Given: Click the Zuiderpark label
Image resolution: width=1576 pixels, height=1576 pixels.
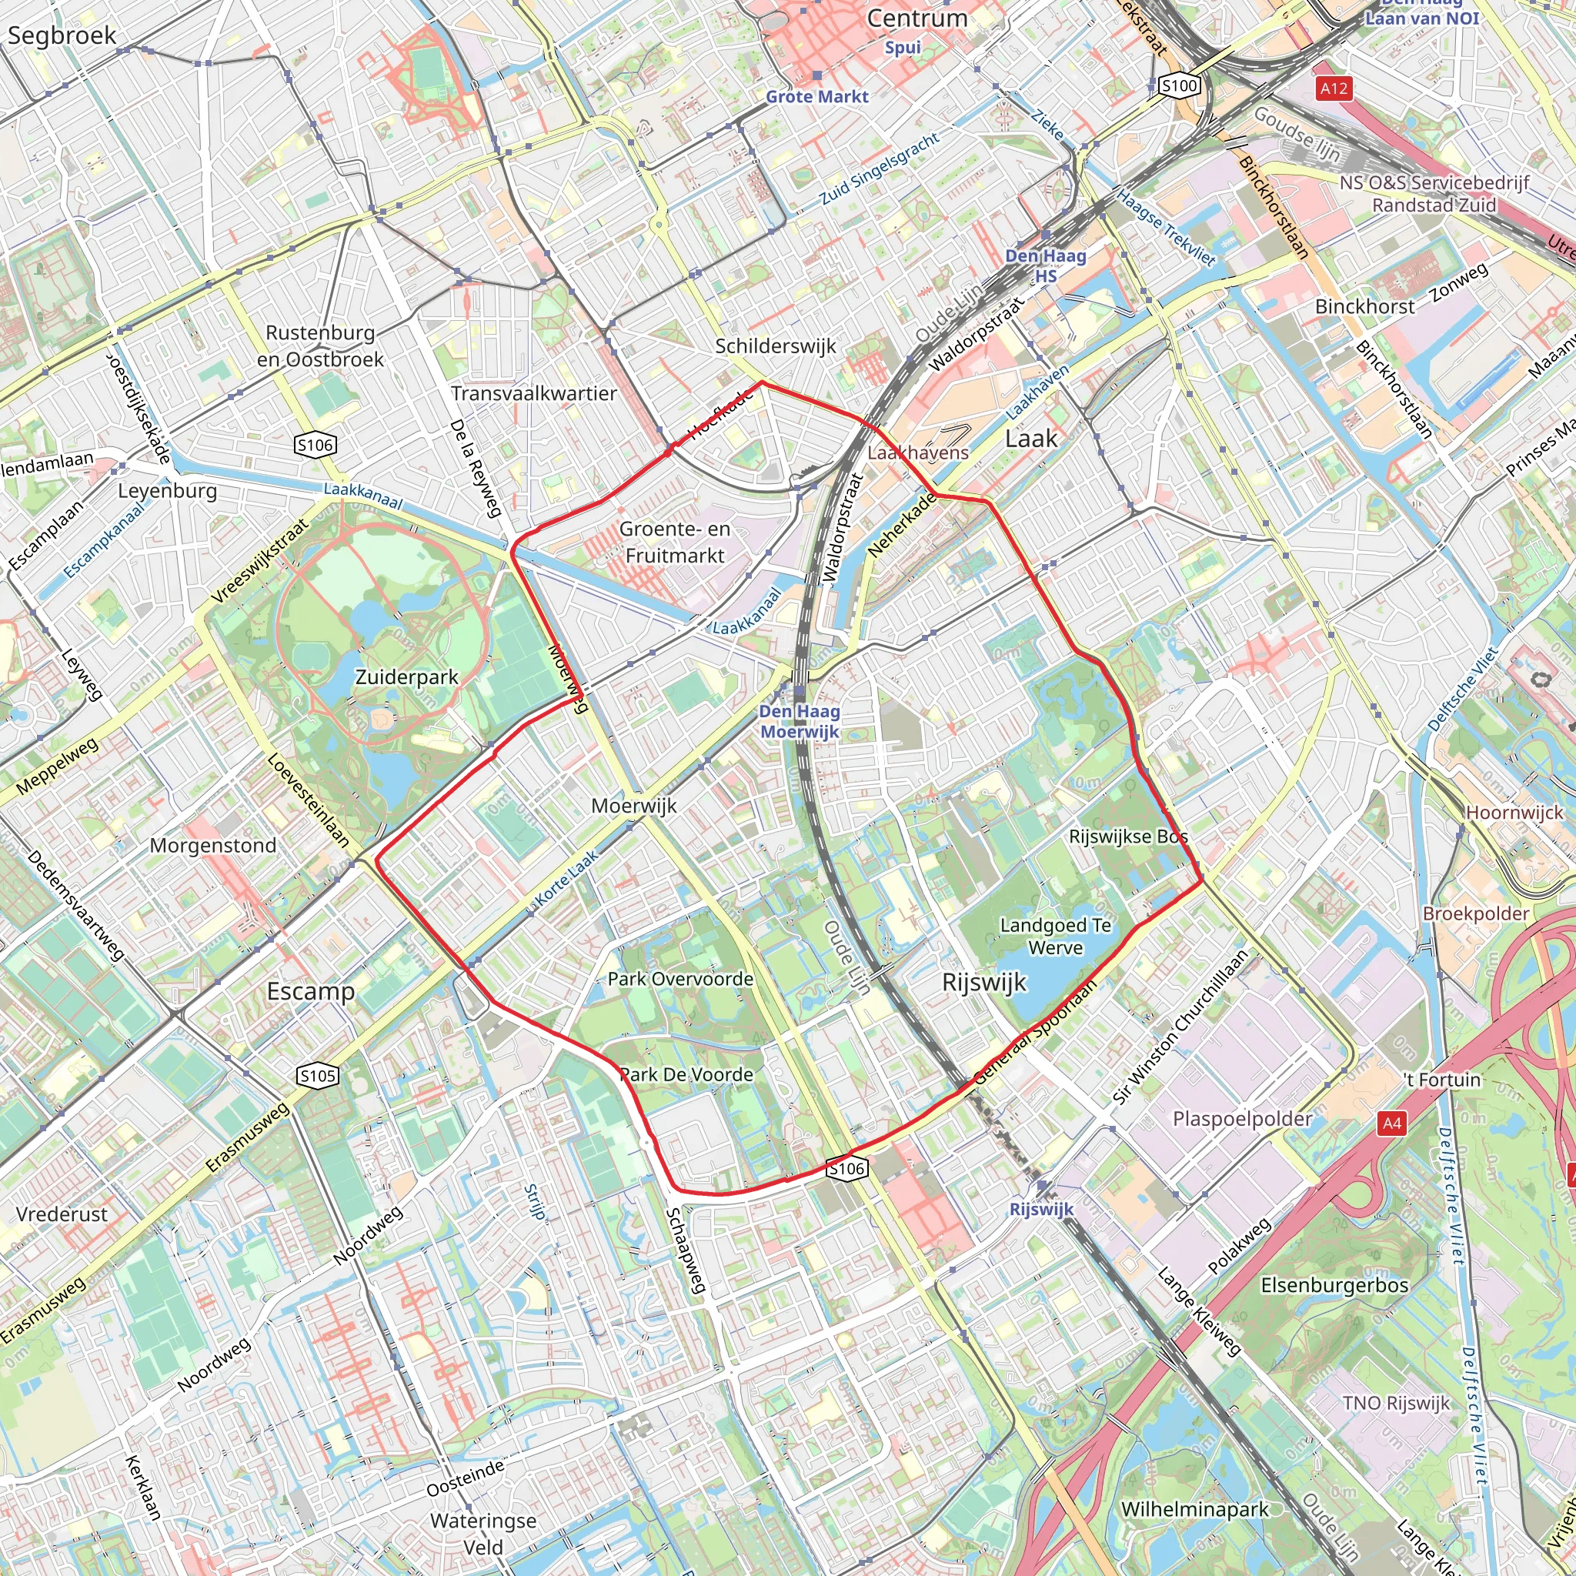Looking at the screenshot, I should coord(406,677).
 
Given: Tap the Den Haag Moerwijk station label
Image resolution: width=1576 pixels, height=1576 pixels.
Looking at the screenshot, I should coord(799,721).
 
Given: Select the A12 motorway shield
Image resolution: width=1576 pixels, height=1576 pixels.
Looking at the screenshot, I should coord(1334,88).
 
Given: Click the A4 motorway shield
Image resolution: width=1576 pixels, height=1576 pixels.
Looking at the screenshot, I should coord(1391,1124).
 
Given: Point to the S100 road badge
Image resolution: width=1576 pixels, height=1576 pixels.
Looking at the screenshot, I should coord(1179,85).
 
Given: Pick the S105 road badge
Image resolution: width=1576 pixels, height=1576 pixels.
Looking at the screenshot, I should coord(317,1076).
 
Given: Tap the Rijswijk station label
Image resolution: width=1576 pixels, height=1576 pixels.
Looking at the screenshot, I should coord(1041,1209).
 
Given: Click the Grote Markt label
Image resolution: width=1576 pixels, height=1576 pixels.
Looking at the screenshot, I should coord(816,96).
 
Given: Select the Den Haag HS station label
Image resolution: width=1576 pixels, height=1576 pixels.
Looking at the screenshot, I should coord(1045,265).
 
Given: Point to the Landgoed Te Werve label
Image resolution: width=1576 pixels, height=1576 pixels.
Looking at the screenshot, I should coord(1055,937).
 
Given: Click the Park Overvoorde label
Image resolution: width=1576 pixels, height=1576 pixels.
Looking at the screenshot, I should coord(679,979).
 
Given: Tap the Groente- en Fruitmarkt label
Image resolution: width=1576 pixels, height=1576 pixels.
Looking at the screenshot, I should coord(675,543).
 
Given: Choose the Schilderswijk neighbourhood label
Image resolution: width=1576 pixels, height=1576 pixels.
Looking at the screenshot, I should coord(775,346).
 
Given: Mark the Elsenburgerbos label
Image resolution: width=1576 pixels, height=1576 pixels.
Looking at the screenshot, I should coord(1334,1286).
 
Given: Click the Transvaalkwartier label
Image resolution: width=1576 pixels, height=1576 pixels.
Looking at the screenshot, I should coord(533,393).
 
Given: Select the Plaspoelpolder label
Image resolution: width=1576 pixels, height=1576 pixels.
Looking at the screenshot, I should coord(1241,1118).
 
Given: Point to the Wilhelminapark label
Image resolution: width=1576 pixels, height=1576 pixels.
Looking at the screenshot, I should coord(1194,1509).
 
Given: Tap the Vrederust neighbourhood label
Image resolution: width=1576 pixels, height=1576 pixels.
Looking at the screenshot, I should coord(62,1214).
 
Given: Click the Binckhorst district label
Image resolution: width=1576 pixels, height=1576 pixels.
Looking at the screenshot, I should coord(1364,307).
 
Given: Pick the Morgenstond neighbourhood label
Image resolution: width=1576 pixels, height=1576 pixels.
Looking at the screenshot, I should coord(213,845).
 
